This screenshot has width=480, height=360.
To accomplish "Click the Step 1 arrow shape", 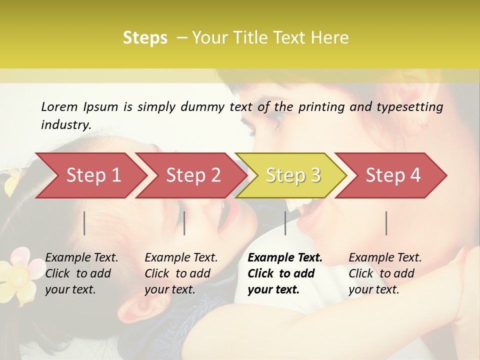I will coord(90,175).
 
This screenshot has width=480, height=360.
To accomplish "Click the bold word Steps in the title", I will coord(145,38).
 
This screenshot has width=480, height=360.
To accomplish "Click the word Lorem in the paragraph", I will coord(59,106).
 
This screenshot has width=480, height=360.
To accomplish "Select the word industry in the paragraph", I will coord(65,125).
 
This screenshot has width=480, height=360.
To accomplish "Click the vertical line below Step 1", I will coord(84,223).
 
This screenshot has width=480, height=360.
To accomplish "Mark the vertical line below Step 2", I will coord(184,223).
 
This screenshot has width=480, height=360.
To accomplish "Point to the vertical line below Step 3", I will coord(285,223).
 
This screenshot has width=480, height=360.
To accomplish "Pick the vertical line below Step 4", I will coord(386,223).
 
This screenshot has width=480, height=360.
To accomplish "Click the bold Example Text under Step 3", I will coord(285,258).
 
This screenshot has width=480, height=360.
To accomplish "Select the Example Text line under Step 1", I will coord(81,258).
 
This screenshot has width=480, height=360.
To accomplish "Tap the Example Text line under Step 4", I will coord(385,258).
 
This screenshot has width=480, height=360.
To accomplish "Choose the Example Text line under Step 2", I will coord(181,258).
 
